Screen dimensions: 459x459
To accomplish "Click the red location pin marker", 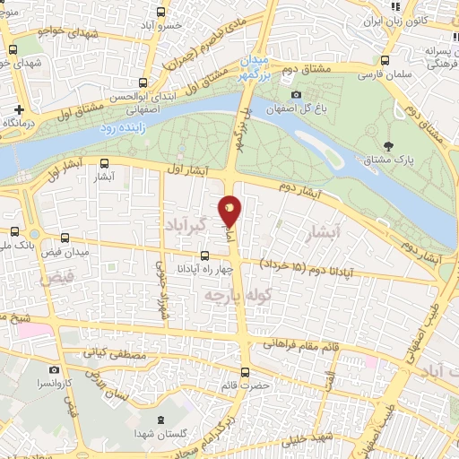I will click(229, 211).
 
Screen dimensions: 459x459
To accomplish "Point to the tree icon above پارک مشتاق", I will click(387, 146).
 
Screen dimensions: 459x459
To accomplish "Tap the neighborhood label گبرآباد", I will click(187, 222).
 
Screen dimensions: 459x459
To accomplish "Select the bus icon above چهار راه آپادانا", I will click(204, 255).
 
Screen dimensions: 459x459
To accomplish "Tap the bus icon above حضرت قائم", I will click(246, 370).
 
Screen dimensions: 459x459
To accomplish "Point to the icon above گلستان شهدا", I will click(160, 420).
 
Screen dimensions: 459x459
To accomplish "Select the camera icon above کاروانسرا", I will click(54, 369).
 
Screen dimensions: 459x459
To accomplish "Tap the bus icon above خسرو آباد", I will click(160, 13).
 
